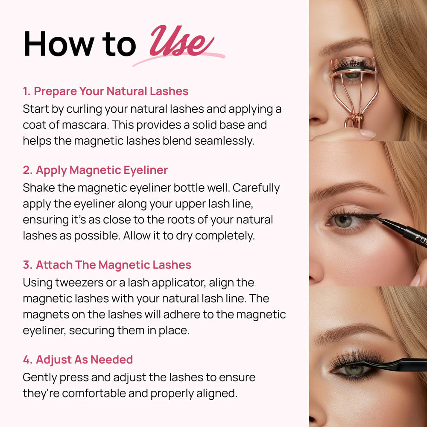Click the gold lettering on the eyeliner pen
(421, 240)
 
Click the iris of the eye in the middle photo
(343, 221)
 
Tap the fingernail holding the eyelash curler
(367, 133)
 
